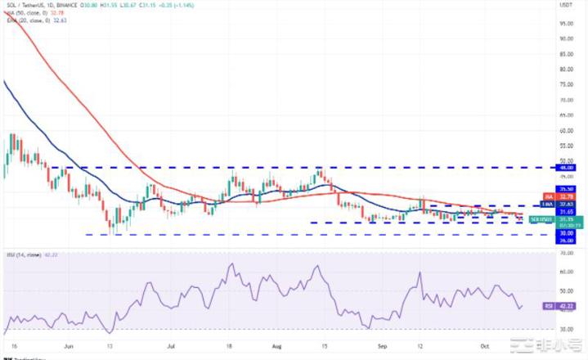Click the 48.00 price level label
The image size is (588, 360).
564,168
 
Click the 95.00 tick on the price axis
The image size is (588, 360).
564,22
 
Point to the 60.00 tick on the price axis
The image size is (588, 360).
564,129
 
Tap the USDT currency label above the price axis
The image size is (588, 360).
564,6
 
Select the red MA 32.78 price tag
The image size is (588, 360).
563,196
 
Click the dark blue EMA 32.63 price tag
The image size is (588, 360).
563,203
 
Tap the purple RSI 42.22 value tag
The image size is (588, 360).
563,306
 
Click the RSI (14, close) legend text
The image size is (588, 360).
25,254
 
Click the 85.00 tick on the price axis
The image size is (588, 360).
564,52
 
